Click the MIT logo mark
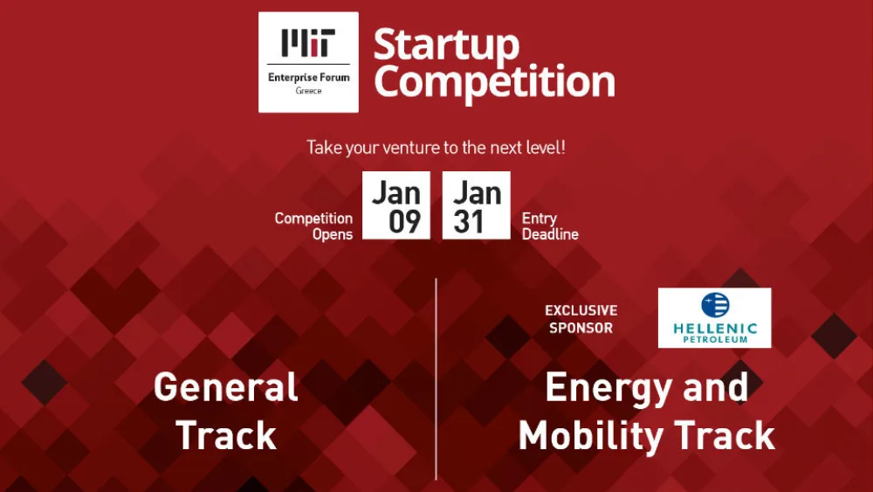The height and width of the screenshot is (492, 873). (308, 43)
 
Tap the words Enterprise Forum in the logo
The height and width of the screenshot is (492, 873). (308, 78)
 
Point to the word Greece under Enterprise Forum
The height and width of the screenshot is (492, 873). (308, 91)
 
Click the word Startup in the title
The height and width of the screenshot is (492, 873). (446, 45)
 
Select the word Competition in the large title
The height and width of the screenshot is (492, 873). (494, 82)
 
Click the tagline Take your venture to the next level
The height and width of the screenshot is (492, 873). (436, 148)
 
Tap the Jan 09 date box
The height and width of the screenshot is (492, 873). (396, 205)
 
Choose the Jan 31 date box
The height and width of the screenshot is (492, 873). (477, 205)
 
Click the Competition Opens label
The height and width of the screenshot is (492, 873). (313, 226)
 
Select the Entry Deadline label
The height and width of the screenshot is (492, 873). (550, 226)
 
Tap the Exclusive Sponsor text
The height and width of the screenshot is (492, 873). (581, 319)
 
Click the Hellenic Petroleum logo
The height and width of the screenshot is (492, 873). (714, 318)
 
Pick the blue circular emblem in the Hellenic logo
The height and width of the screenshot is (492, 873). (715, 305)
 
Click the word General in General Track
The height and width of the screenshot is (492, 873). (225, 387)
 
